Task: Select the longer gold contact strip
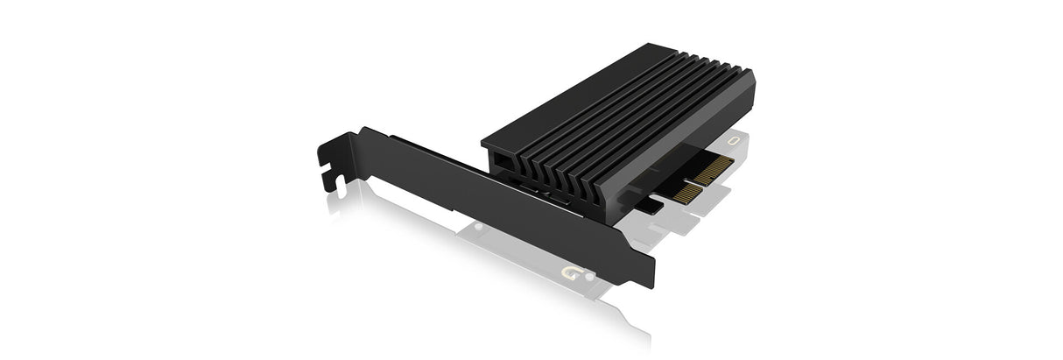pos(713,169)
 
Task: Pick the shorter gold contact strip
pos(686,194)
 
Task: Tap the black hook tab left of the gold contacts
pos(649,205)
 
